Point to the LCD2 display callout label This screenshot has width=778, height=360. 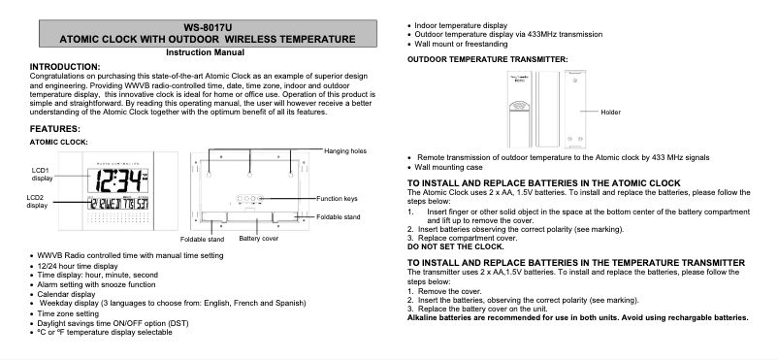[x=37, y=202]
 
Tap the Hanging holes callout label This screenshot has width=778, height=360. [x=344, y=151]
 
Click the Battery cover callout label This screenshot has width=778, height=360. [x=259, y=238]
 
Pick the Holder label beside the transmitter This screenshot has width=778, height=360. [x=610, y=113]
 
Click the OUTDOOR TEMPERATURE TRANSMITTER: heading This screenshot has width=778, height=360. [x=487, y=59]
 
